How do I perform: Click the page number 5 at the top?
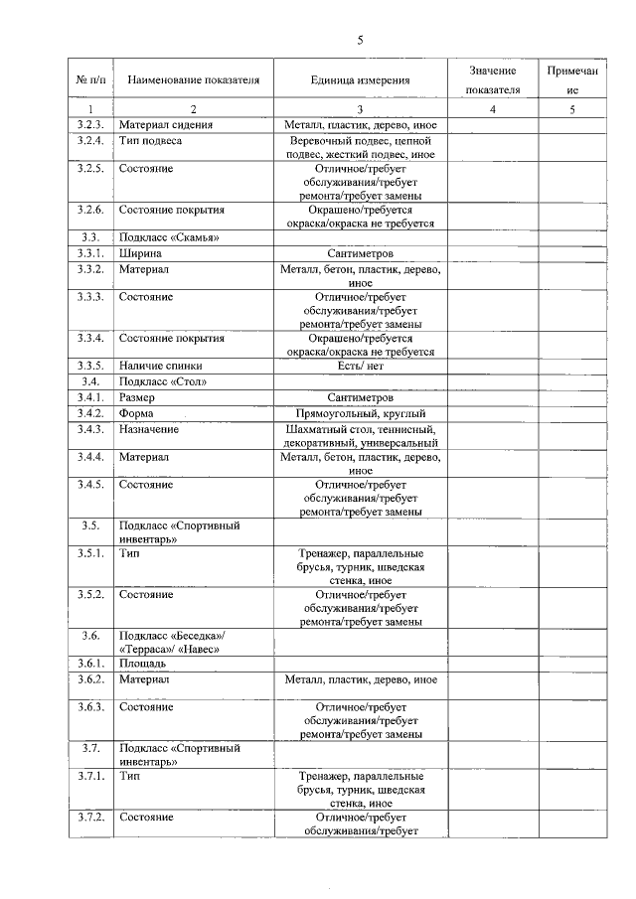pyautogui.click(x=361, y=40)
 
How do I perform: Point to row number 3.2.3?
pyautogui.click(x=90, y=125)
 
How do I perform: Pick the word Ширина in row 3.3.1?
pyautogui.click(x=140, y=253)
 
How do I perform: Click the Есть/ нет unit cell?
pyautogui.click(x=360, y=365)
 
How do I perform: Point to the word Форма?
pyautogui.click(x=137, y=412)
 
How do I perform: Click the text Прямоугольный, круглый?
pyautogui.click(x=360, y=412)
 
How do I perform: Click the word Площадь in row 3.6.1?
pyautogui.click(x=143, y=663)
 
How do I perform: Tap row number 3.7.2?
pyautogui.click(x=90, y=816)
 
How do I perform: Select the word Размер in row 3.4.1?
pyautogui.click(x=138, y=396)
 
